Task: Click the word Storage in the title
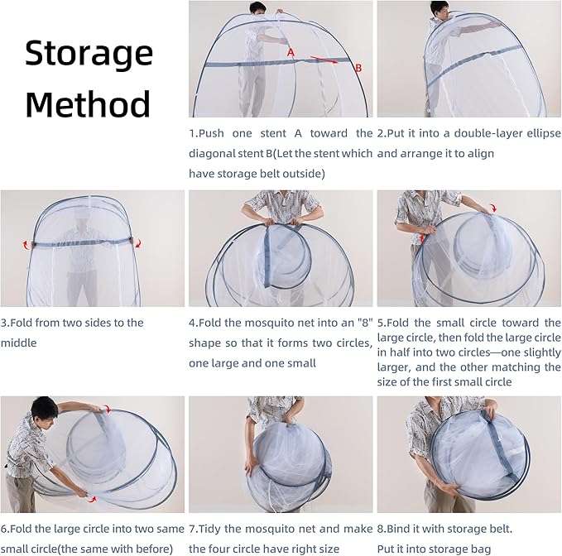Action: (89, 54)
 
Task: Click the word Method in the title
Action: (88, 103)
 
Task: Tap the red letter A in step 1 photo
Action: (291, 53)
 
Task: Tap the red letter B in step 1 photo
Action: (358, 68)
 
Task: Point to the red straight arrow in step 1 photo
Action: (324, 60)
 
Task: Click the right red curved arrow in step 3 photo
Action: (138, 243)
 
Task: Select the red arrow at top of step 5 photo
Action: (493, 208)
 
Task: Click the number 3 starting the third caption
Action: (3, 323)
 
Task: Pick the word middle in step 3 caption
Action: (19, 343)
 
